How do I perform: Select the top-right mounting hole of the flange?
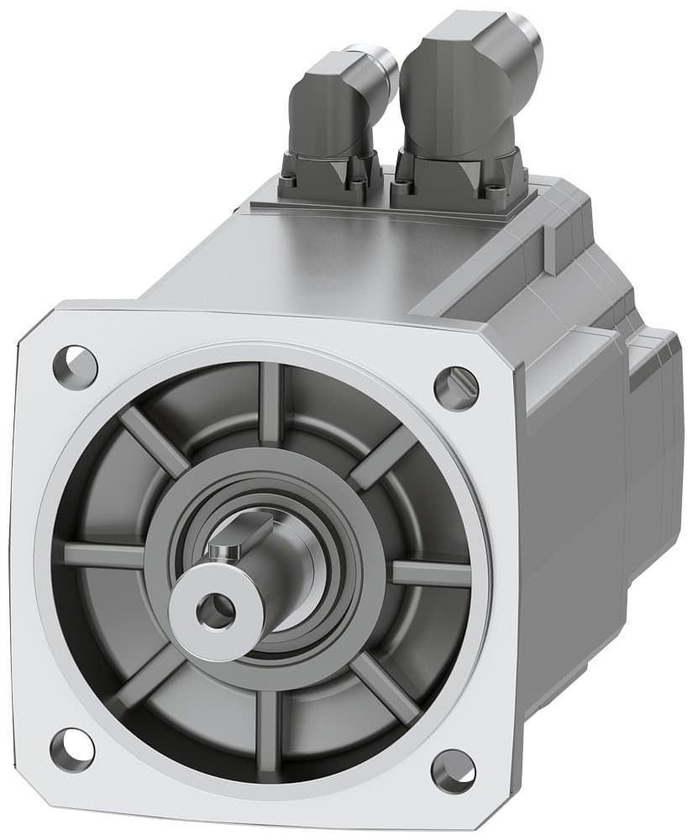(456, 385)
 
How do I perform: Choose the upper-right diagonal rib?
(382, 458)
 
